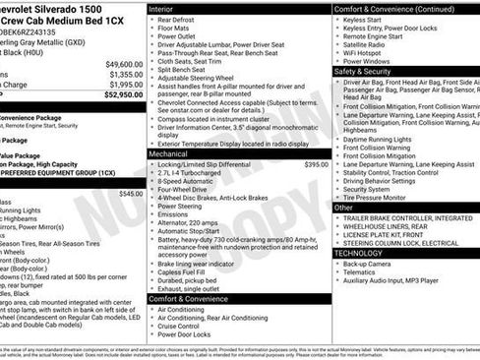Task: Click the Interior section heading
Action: coord(162,8)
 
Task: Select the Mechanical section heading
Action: coord(169,153)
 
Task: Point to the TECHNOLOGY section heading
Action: coord(358,253)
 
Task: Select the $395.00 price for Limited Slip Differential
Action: coord(316,164)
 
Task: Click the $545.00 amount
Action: coord(130,194)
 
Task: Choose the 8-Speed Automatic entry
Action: coord(185,182)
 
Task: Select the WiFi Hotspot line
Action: coord(366,51)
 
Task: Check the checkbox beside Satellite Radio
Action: coord(337,43)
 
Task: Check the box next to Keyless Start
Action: coord(337,19)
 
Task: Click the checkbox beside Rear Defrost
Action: coord(151,19)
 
